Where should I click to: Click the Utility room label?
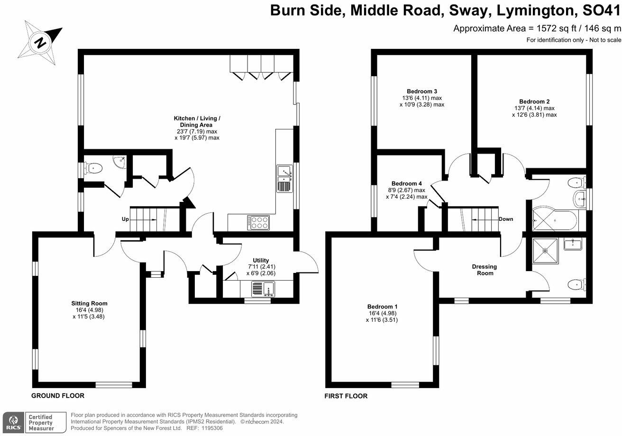(x=261, y=260)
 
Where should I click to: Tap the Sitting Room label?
(x=89, y=303)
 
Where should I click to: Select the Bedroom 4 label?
(x=406, y=183)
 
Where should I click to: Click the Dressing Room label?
(x=485, y=270)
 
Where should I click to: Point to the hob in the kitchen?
(x=258, y=223)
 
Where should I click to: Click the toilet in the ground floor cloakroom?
(x=93, y=168)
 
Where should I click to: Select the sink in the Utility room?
(x=263, y=289)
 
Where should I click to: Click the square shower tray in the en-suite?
(x=545, y=251)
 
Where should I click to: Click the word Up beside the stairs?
(x=125, y=219)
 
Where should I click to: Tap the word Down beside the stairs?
(x=506, y=219)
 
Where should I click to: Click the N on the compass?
(x=41, y=43)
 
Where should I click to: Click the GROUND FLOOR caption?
(x=58, y=396)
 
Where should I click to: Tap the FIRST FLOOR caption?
(x=346, y=396)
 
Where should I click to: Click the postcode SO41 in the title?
(x=601, y=10)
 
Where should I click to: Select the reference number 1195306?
(x=212, y=428)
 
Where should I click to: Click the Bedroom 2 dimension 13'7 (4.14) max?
(x=535, y=108)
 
